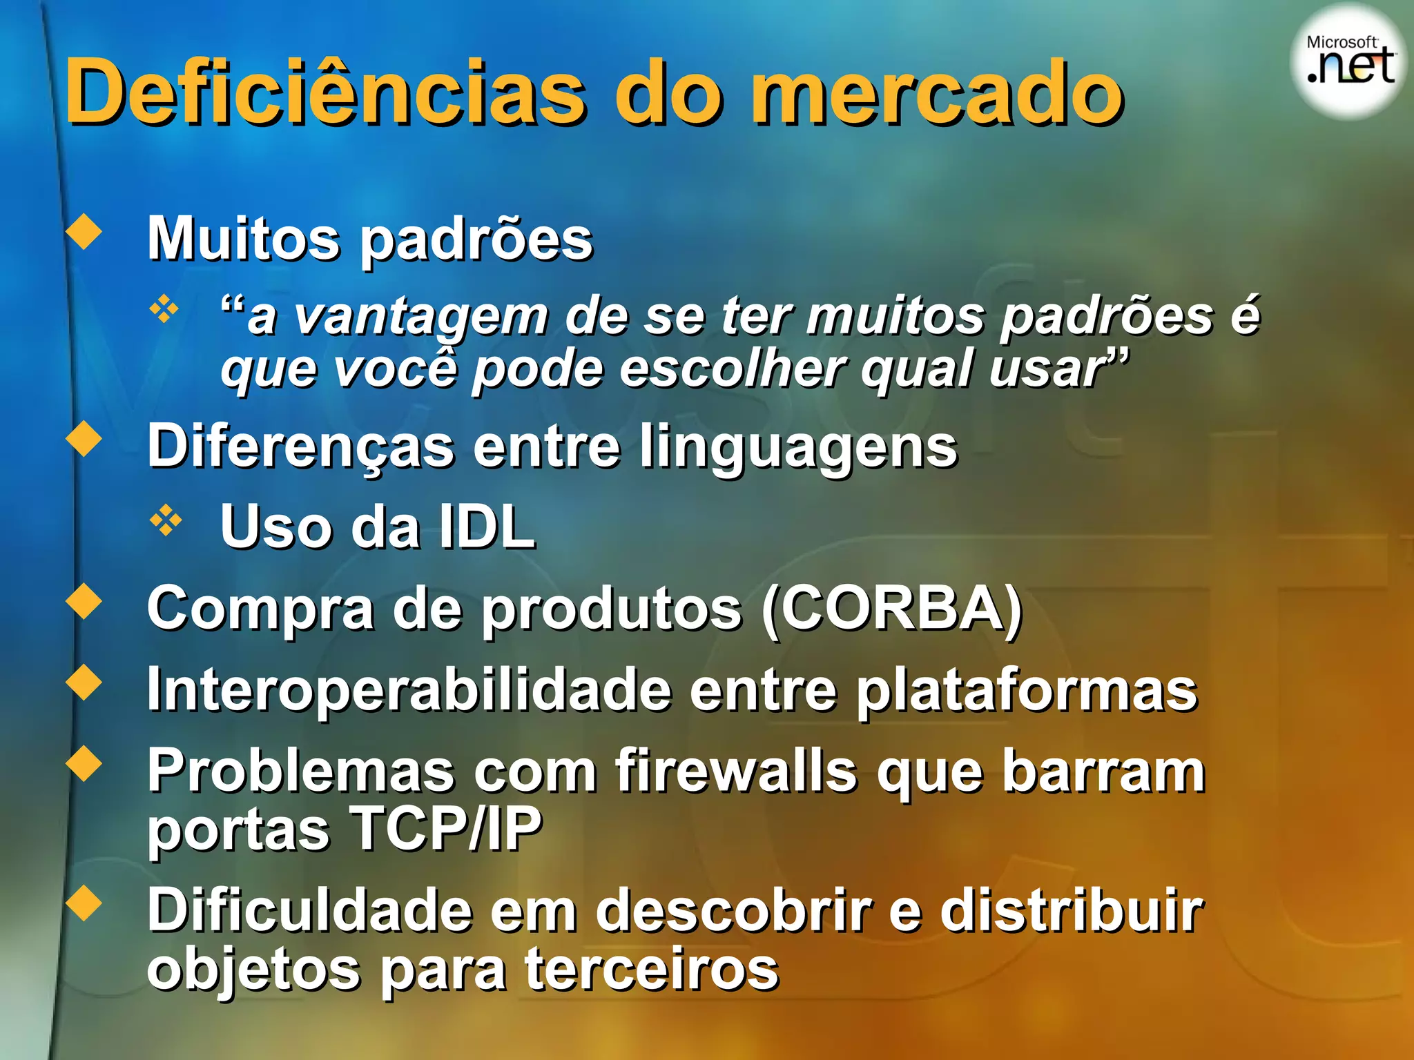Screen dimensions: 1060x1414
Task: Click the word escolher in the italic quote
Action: [732, 369]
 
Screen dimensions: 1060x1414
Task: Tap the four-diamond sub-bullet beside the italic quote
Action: [165, 309]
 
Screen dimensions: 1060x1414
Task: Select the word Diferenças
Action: [301, 447]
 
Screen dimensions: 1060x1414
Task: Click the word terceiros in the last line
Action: [652, 969]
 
